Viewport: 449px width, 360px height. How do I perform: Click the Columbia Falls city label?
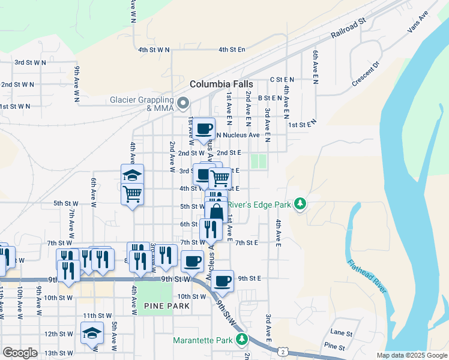coord(221,84)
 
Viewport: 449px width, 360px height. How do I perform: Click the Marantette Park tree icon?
coord(241,340)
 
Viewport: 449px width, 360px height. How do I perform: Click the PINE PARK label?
coord(167,306)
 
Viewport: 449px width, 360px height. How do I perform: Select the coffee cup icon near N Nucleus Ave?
coord(203,128)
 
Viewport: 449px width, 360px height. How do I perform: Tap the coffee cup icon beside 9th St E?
coord(222,280)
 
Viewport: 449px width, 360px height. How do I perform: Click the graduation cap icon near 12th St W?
coord(92,332)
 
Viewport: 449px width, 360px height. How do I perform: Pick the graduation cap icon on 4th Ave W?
coord(132,175)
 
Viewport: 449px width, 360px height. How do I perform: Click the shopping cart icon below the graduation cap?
coord(132,193)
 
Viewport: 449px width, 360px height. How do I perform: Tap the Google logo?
coord(20,353)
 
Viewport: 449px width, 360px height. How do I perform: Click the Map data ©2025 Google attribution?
coord(411,355)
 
